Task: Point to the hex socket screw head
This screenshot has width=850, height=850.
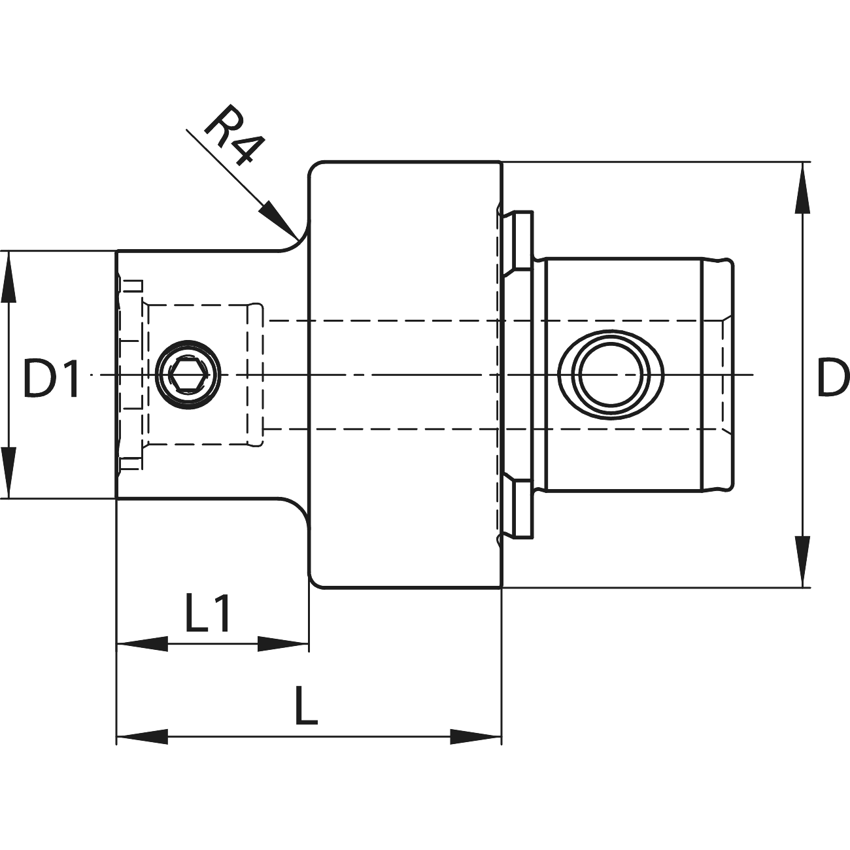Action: [188, 375]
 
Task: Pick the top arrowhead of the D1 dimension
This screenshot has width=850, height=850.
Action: [8, 278]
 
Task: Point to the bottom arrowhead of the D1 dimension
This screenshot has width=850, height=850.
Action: [8, 472]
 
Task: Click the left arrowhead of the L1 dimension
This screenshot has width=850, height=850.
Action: [141, 645]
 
